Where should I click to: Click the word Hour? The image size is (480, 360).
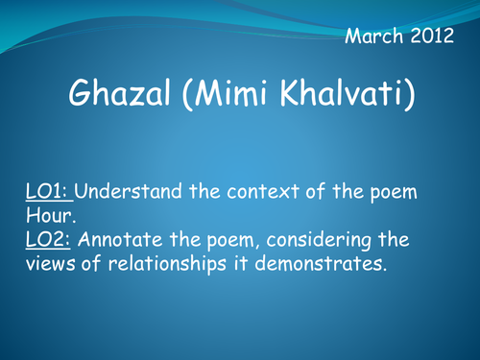48,214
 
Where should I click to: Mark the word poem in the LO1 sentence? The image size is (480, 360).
393,191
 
